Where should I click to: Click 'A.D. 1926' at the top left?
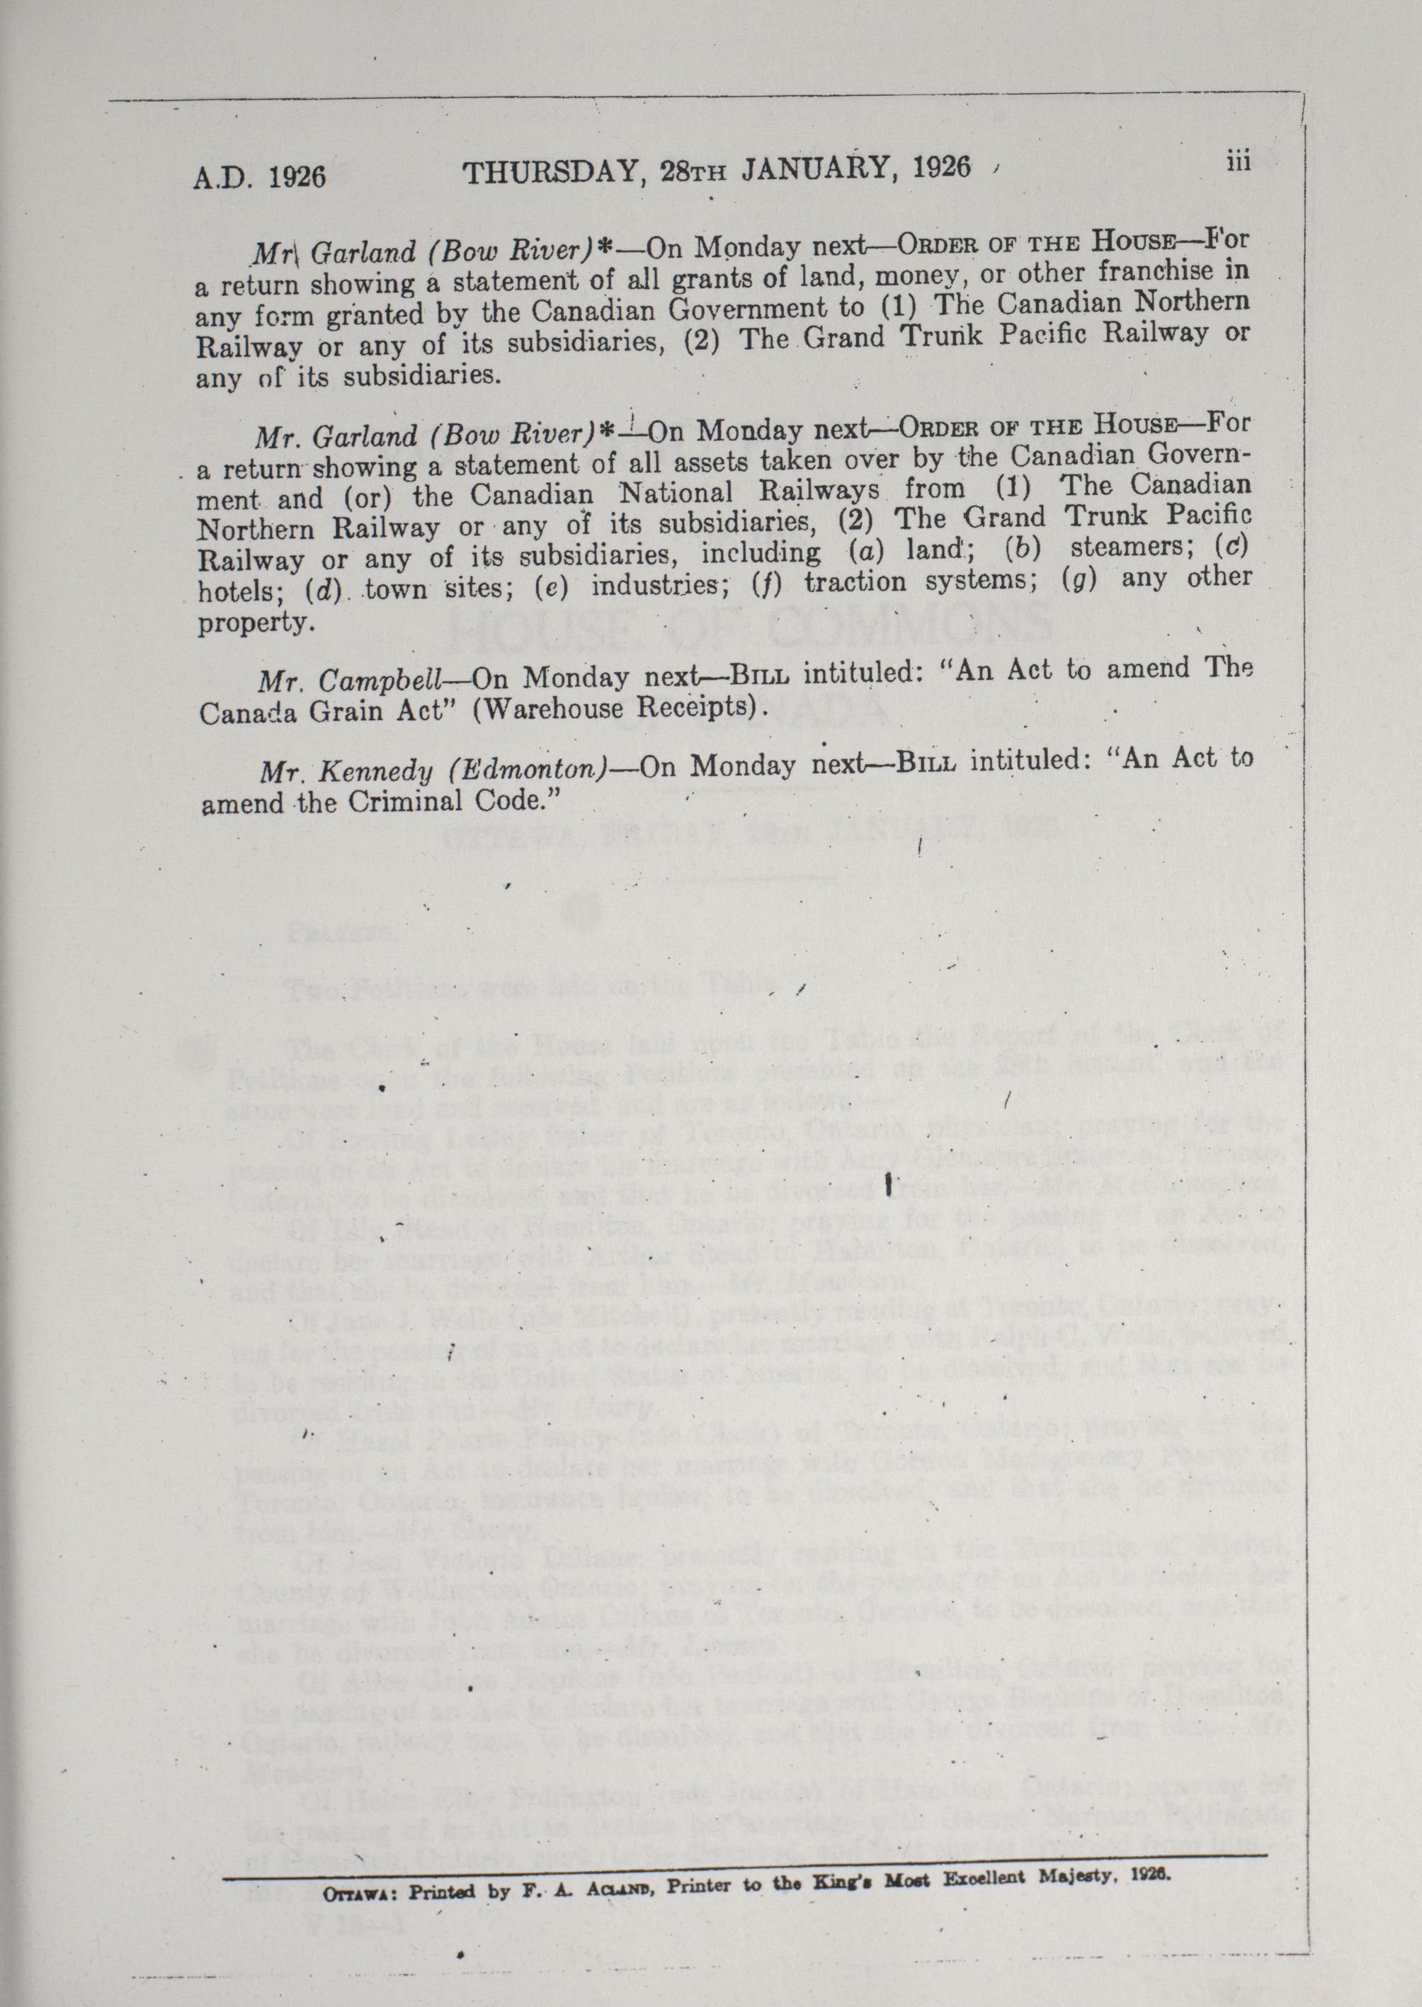[x=258, y=177]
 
